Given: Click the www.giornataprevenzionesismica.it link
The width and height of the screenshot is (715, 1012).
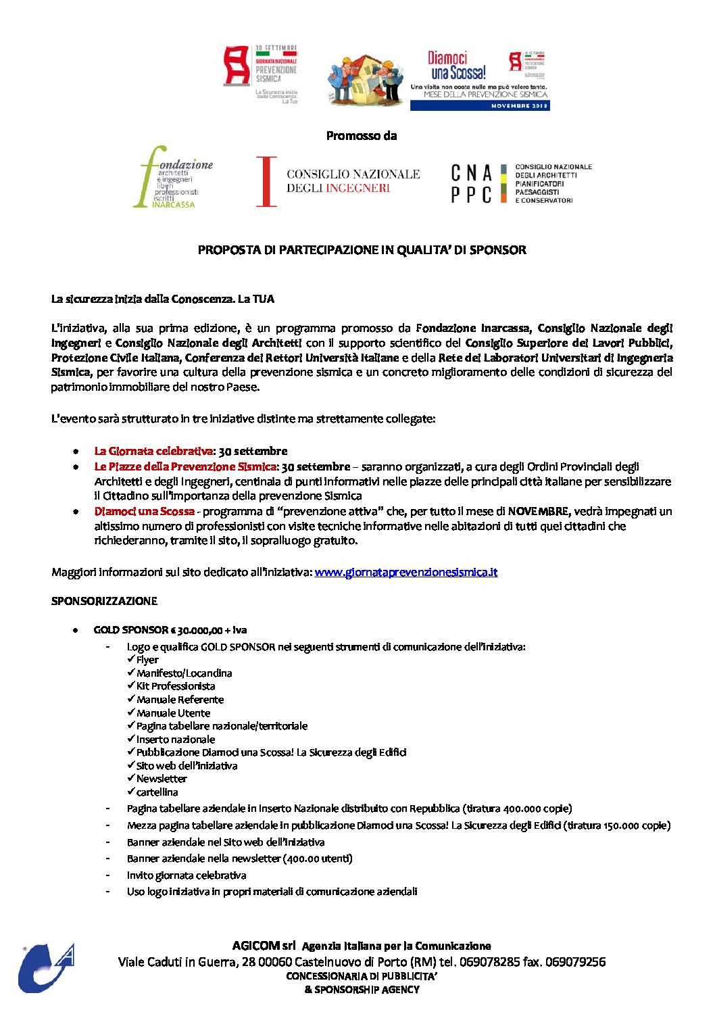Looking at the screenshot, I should coord(405,573).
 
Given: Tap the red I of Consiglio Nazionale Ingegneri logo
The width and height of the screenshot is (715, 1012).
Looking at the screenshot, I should coord(267,181).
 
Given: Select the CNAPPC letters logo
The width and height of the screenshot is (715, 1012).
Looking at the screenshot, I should coord(472,183).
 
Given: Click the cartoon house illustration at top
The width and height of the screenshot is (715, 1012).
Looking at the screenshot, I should coord(366,79).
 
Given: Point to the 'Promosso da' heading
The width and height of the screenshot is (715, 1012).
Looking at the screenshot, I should coord(361,136).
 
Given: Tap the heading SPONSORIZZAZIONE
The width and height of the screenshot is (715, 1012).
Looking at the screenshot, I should coord(104,601).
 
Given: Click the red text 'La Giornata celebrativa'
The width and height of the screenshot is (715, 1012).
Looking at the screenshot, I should coord(153,451).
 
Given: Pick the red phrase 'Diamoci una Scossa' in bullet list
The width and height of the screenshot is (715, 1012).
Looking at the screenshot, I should coord(144,511).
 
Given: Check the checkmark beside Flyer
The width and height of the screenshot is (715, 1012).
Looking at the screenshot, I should coord(131,659).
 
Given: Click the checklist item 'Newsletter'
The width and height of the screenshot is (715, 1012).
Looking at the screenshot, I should coord(162,779).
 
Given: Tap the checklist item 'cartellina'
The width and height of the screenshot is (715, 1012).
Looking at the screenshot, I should coord(157,792).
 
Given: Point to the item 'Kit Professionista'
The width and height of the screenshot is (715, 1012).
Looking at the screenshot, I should coord(176,686).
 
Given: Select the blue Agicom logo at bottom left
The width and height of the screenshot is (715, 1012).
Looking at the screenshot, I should coord(45,968).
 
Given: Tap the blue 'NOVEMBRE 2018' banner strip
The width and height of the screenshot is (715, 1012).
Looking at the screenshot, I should coord(480,106).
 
